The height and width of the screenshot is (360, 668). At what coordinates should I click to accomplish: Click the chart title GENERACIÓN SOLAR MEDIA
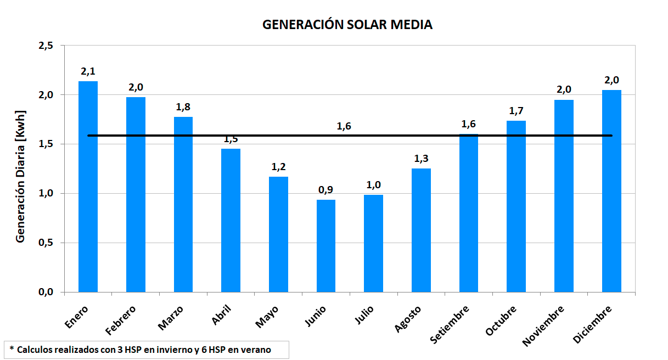[x=347, y=25]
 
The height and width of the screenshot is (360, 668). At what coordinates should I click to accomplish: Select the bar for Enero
[x=88, y=187]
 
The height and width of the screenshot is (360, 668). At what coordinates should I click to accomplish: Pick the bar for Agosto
[x=421, y=230]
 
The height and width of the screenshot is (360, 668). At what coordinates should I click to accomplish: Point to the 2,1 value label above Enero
[x=88, y=71]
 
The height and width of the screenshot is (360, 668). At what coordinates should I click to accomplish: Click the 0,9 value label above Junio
[x=326, y=190]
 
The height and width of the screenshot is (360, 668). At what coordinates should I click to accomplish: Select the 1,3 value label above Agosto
[x=421, y=159]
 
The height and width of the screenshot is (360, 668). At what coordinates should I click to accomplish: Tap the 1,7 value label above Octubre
[x=516, y=111]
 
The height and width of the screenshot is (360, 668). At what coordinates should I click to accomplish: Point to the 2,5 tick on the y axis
[x=46, y=46]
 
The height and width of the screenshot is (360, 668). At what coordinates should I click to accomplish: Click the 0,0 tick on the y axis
[x=46, y=292]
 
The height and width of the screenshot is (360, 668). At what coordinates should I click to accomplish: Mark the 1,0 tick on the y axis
[x=46, y=193]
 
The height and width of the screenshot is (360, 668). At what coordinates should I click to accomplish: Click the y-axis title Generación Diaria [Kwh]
[x=20, y=176]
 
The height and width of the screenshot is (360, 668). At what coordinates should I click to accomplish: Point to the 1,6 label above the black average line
[x=344, y=126]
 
